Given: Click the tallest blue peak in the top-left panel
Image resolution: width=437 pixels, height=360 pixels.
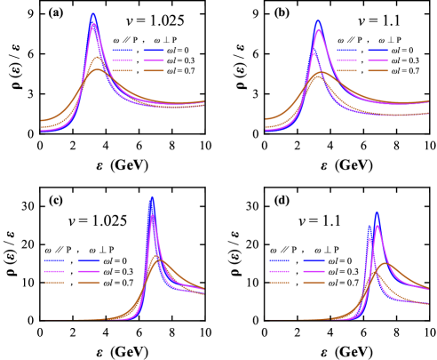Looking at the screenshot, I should click(x=93, y=14).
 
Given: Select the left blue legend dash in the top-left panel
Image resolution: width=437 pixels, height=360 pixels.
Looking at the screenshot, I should click(x=123, y=51).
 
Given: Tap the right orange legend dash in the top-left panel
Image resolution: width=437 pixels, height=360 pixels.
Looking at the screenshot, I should click(x=154, y=70).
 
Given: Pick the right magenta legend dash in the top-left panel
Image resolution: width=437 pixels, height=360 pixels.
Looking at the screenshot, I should click(x=154, y=60).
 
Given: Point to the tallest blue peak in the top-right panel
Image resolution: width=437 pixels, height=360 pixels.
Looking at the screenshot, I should click(x=317, y=20).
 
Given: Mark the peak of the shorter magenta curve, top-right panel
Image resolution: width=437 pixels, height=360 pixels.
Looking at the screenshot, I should click(x=313, y=53).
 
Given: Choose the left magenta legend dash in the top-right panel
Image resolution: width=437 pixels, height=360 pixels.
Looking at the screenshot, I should click(x=346, y=60).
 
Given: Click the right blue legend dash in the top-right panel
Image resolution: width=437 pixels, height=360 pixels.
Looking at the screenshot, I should click(x=378, y=51).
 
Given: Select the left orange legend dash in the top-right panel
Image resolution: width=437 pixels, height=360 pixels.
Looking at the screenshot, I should click(x=346, y=70).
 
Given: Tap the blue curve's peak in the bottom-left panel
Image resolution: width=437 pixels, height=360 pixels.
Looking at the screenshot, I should click(x=152, y=197).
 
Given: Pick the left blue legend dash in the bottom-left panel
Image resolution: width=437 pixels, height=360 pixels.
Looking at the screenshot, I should click(x=56, y=260).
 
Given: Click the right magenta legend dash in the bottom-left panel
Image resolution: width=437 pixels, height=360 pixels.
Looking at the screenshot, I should click(x=89, y=271).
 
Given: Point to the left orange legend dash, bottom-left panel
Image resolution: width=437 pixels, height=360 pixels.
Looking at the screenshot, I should click(x=56, y=282).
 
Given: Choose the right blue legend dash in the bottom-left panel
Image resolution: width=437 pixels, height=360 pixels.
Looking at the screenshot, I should click(x=89, y=260).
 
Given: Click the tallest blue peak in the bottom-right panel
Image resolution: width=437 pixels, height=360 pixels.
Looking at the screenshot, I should click(x=377, y=212).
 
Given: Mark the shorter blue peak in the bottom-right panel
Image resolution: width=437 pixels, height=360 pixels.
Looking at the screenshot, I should click(x=369, y=227).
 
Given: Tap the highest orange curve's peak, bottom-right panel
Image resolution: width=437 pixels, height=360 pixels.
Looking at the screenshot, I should click(x=385, y=263).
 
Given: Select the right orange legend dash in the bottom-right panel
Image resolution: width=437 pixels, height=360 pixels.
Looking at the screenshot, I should click(x=314, y=282).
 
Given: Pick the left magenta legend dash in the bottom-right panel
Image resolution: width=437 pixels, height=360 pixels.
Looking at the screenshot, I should click(x=281, y=271).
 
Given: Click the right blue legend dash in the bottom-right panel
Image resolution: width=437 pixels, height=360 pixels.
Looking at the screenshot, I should click(x=314, y=260).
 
